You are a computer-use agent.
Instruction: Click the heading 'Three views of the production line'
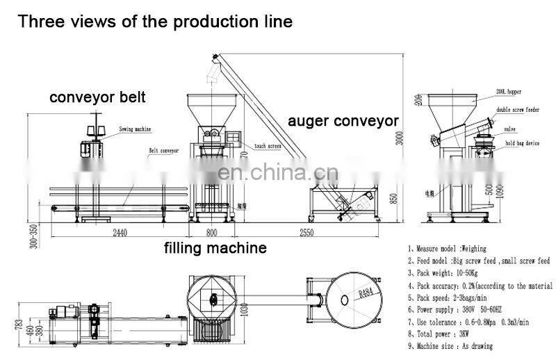(155, 21)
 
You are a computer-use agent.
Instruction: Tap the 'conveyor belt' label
(97, 97)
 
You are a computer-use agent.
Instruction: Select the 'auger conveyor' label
(343, 122)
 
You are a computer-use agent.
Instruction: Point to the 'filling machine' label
(215, 247)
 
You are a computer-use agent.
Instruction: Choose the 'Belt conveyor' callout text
(163, 149)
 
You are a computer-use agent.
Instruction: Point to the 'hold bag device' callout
(522, 143)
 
